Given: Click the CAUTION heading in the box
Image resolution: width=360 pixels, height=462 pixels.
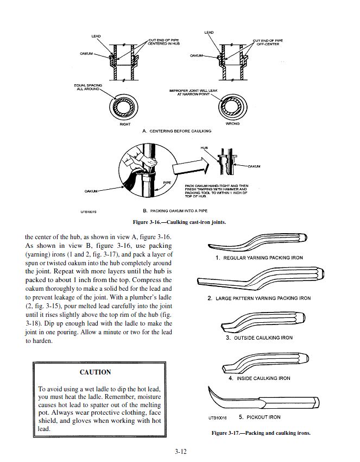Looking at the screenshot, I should [95, 372].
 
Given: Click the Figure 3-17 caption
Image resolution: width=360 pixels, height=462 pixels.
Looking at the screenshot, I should [261, 433].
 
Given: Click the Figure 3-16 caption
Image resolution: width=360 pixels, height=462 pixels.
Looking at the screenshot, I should [179, 222].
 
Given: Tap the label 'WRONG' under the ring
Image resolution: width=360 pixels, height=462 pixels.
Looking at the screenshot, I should [232, 123].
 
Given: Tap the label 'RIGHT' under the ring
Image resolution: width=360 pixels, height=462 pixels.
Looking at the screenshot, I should [125, 124].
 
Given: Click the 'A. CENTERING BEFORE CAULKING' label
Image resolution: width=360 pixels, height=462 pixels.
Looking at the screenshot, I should [176, 131].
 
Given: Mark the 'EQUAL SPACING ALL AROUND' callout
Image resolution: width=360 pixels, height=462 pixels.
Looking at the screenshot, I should [88, 87].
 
